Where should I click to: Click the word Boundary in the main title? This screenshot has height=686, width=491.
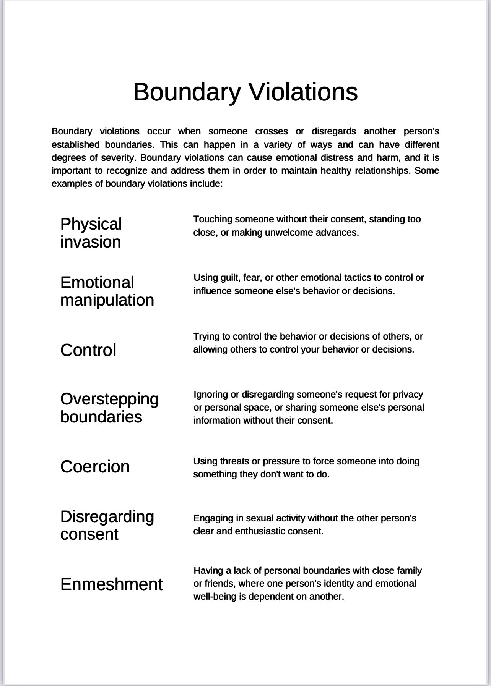[187, 92]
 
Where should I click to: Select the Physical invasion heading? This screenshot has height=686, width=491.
[91, 233]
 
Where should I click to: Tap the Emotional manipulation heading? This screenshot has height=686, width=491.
[107, 291]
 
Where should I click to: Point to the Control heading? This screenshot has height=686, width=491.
[88, 350]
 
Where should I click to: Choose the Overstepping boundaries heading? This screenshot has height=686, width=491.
[109, 408]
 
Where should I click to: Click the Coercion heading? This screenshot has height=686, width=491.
[95, 467]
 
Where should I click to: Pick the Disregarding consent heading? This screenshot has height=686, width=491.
[107, 525]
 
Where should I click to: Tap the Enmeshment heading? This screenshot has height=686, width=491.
[112, 584]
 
